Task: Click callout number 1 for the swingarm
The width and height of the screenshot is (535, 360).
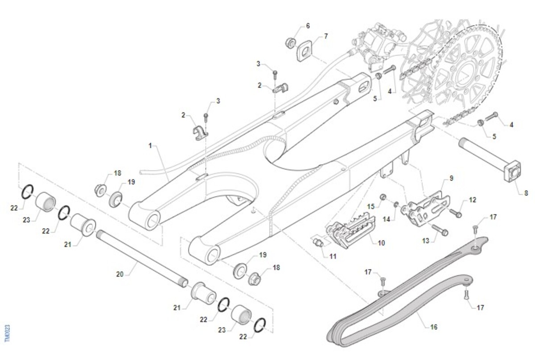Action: [151, 146]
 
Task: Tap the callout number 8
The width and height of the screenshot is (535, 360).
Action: [526, 193]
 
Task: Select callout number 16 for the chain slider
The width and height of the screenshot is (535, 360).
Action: [433, 327]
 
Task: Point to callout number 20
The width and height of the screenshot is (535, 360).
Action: [119, 274]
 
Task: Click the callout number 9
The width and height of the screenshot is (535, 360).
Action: [451, 178]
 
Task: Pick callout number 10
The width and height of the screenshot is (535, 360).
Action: [381, 243]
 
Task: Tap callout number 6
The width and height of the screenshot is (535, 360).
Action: [308, 26]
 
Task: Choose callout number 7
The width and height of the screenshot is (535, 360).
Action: [326, 36]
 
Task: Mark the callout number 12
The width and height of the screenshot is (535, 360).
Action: [473, 200]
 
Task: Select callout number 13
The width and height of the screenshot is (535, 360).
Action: [426, 241]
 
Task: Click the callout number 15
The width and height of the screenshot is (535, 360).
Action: [371, 206]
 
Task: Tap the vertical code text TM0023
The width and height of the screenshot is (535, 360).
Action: [7, 333]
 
